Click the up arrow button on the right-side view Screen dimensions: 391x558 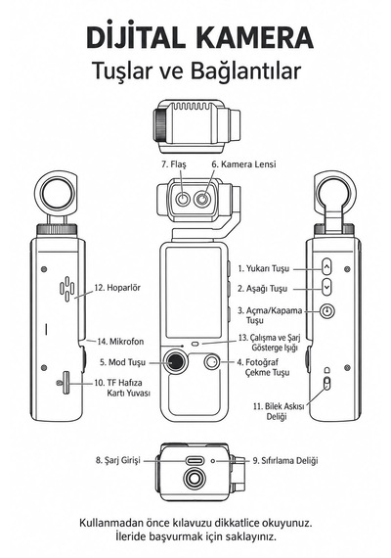327,266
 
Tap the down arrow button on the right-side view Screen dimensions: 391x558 327,287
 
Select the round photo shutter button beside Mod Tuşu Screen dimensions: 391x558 212,362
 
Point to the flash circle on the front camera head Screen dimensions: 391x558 183,199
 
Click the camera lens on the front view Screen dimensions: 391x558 202,199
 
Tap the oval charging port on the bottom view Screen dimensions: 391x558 195,461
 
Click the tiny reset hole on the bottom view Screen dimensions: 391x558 213,461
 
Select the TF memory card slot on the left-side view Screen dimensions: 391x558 65,383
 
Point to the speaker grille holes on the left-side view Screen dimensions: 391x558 66,289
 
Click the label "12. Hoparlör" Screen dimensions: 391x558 117,287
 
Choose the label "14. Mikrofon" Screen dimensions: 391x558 120,342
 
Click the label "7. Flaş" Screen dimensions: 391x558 174,164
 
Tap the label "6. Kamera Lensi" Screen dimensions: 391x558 243,164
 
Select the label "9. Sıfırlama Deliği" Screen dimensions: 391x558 285,460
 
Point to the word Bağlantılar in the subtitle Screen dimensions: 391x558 245,70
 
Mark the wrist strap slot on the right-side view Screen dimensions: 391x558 327,383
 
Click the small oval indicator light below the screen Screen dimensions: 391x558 195,344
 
